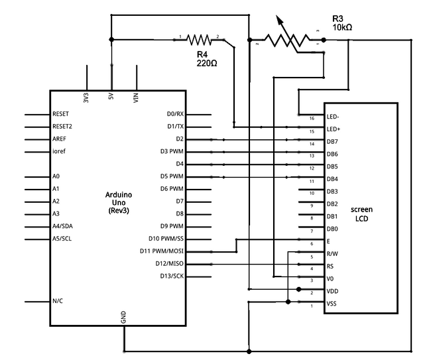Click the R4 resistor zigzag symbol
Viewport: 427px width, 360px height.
[199, 39]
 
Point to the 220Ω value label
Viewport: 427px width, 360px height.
[207, 64]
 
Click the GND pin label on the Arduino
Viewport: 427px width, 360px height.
[124, 318]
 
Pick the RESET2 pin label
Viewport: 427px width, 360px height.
[62, 126]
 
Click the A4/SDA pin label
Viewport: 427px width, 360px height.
[62, 226]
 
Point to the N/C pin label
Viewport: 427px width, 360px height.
[58, 301]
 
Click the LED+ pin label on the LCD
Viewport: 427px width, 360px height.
[334, 129]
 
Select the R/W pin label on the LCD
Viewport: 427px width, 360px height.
[333, 253]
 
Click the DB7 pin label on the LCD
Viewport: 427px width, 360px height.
[333, 141]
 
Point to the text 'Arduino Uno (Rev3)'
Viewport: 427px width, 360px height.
[119, 202]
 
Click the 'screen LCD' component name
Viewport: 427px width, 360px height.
[361, 213]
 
